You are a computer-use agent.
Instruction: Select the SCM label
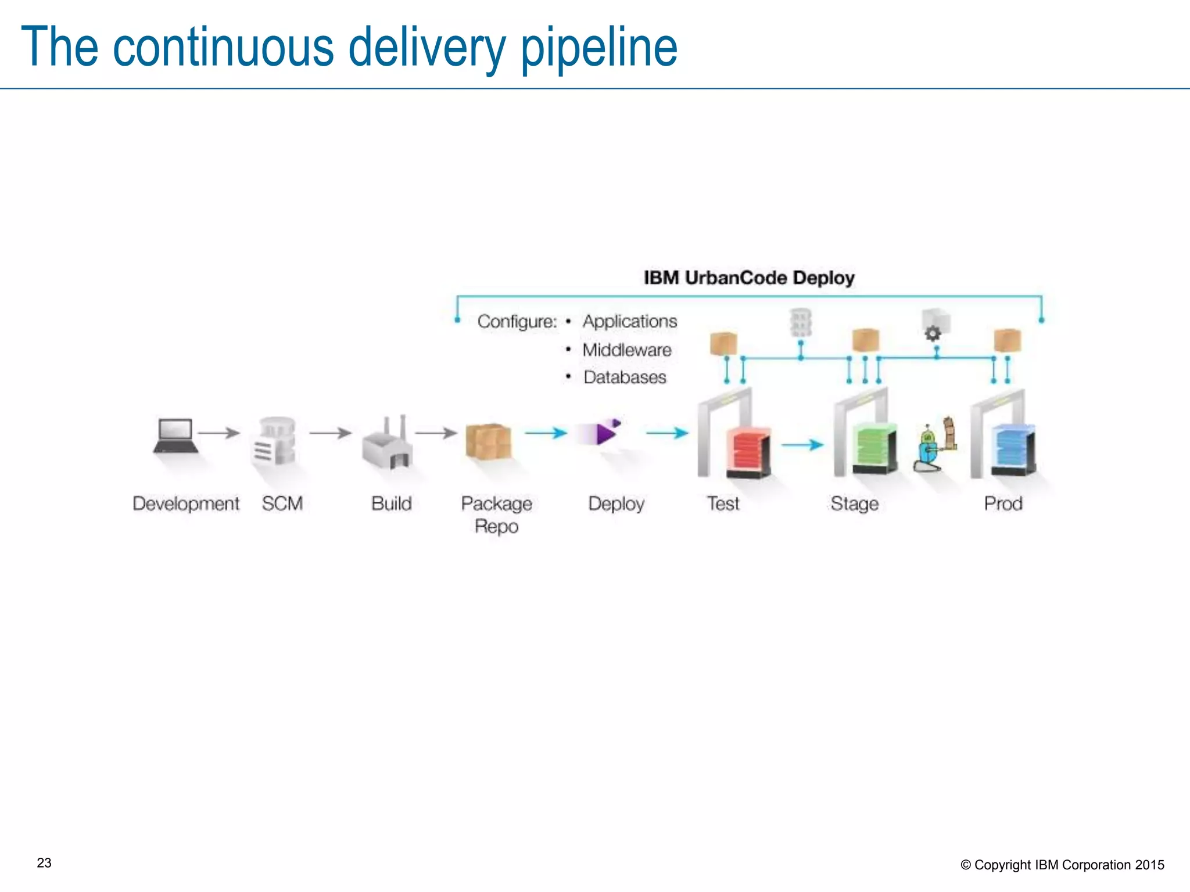click(x=282, y=503)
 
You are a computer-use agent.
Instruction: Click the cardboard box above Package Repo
click(x=488, y=441)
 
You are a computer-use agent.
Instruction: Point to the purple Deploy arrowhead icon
click(x=605, y=433)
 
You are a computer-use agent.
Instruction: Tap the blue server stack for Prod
click(x=1014, y=450)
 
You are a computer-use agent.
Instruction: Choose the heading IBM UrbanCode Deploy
click(x=749, y=278)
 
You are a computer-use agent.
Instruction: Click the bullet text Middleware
click(x=627, y=350)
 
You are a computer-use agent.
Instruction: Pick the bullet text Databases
click(x=625, y=377)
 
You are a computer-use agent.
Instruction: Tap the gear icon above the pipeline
click(x=933, y=333)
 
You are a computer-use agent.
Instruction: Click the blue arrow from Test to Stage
click(x=802, y=445)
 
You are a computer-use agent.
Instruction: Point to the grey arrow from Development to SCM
click(x=218, y=433)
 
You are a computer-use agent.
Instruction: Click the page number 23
click(x=44, y=863)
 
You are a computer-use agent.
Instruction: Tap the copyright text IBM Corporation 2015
click(x=1099, y=865)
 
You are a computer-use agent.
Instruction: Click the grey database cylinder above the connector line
click(x=800, y=323)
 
